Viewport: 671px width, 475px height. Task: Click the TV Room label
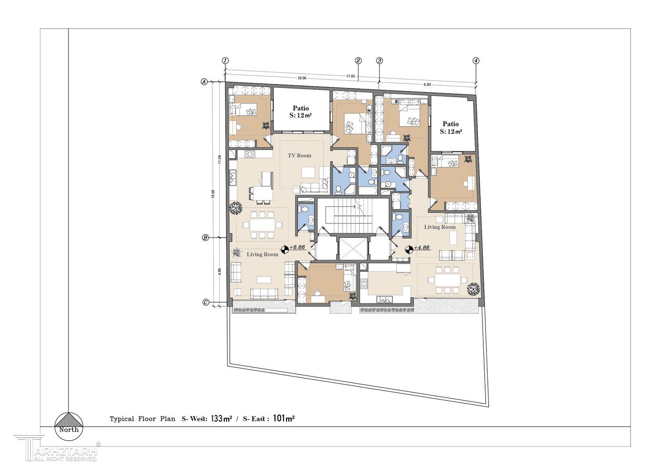299,156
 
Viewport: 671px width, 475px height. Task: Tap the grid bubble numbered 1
225,61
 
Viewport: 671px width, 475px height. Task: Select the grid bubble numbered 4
476,61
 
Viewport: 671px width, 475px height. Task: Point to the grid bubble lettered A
204,81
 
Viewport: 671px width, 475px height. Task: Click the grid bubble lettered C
206,302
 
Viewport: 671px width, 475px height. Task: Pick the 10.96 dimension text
301,78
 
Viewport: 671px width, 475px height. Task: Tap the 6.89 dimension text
427,84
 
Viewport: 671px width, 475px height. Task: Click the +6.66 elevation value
297,247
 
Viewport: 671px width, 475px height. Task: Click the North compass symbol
69,427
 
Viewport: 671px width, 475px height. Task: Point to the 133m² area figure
221,419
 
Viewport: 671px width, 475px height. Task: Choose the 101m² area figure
284,419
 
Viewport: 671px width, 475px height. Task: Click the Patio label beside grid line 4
450,124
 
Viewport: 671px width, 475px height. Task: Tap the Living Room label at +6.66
262,254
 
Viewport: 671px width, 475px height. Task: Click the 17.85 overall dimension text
351,76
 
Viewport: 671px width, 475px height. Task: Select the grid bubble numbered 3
379,61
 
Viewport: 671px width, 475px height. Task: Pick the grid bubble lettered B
206,238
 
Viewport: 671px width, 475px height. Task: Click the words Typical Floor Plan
142,419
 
